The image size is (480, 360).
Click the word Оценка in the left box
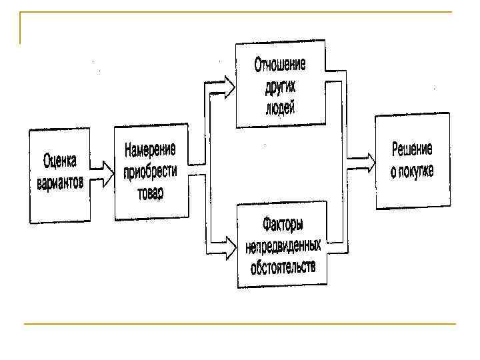tap(60, 160)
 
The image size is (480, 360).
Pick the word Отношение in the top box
tap(279, 65)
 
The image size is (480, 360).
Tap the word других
tap(279, 87)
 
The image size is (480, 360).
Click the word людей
tap(279, 107)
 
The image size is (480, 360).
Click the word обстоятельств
tap(283, 267)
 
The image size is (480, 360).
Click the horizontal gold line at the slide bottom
tap(240, 324)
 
